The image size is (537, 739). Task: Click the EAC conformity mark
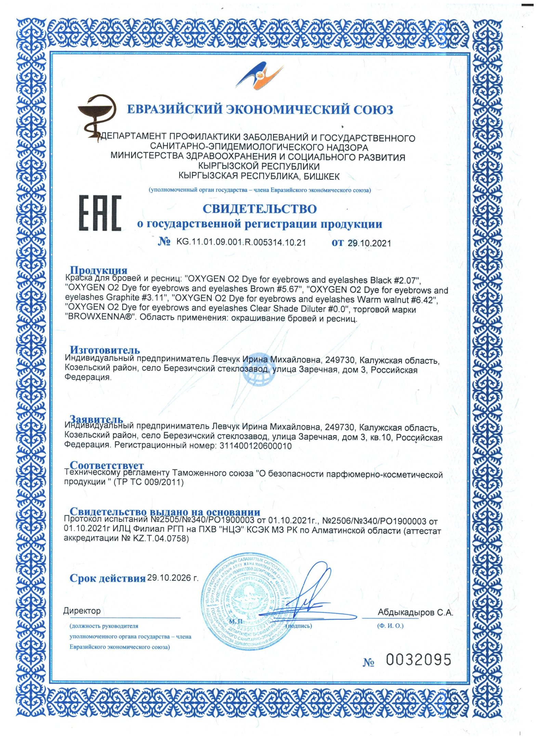click(x=100, y=213)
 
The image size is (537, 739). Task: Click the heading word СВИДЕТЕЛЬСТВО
click(x=260, y=209)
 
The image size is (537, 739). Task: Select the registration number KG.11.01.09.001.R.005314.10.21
click(x=241, y=242)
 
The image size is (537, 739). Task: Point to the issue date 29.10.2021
click(x=369, y=243)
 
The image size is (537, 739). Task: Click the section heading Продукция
click(x=99, y=271)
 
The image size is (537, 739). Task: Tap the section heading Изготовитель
click(x=105, y=350)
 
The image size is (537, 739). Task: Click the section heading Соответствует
click(x=107, y=465)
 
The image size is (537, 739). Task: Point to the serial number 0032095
click(x=419, y=660)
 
